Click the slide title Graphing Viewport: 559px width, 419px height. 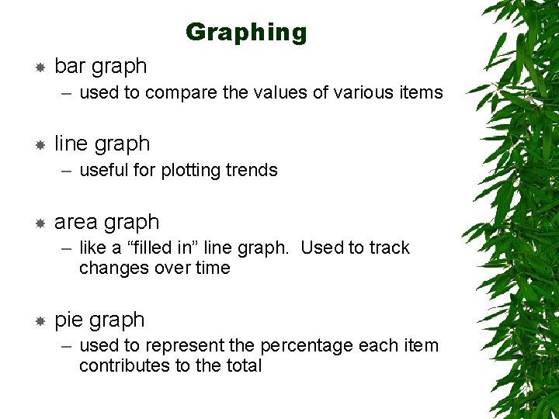[x=246, y=33]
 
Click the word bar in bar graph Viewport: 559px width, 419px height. [x=70, y=67]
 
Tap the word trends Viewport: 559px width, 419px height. [x=252, y=171]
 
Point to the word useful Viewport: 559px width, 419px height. [x=103, y=171]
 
